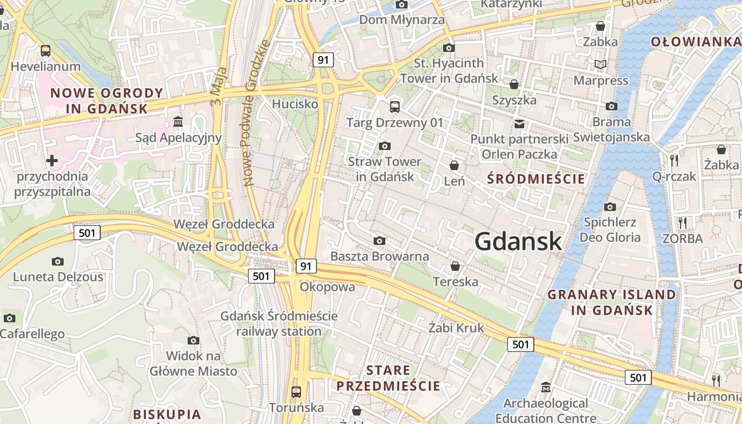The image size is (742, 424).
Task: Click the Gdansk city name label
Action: tap(518, 242)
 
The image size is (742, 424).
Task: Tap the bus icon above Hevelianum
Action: tap(46, 51)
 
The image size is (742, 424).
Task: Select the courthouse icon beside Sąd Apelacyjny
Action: tap(178, 122)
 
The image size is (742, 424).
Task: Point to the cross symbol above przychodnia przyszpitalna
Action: tap(51, 160)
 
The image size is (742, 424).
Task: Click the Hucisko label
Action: tap(295, 104)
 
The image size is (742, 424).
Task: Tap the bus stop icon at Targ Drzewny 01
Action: tap(395, 107)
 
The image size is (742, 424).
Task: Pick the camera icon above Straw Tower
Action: tap(385, 146)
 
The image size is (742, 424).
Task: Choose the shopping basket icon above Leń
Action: tap(454, 165)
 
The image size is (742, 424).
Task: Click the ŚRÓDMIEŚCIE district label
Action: tap(536, 179)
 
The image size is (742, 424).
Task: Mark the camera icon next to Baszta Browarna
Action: tap(379, 241)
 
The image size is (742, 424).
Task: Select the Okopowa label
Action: tap(327, 287)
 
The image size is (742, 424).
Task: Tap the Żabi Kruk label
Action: tap(456, 328)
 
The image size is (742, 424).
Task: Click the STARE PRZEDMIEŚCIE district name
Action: tap(388, 378)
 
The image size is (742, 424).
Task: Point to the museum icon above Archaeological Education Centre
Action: tap(546, 388)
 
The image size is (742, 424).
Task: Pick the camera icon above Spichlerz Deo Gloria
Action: tap(610, 207)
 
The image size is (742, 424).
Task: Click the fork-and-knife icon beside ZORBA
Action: tap(683, 223)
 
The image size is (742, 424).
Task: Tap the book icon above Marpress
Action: tap(600, 65)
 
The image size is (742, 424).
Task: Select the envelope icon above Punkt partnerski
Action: tap(519, 124)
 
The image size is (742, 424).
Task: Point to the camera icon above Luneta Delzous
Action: tap(58, 261)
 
